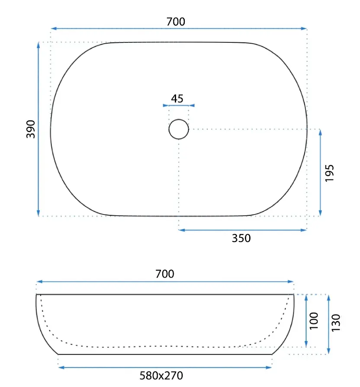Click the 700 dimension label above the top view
point(176,22)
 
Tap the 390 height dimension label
point(31,129)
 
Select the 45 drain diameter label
point(177,99)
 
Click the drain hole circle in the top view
point(179,119)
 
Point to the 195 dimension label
point(329,173)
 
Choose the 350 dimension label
point(241,238)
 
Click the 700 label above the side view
point(165,274)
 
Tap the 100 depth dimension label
point(314,321)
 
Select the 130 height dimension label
point(336,323)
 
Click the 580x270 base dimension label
point(161,376)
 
